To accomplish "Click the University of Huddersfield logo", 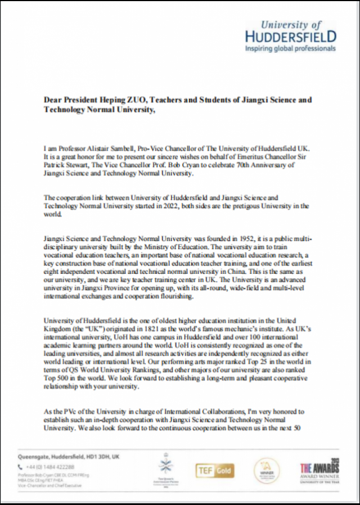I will [x=291, y=32].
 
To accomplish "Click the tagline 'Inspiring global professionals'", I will [x=290, y=49].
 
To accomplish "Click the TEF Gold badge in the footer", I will [x=215, y=471].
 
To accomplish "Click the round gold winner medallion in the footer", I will [x=267, y=471].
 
